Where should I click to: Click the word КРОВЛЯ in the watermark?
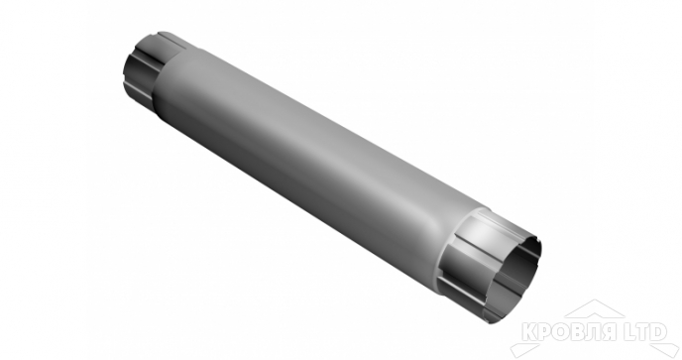pos(569,331)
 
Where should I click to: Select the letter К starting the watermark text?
pos(529,331)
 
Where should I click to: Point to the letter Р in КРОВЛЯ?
pos(546,331)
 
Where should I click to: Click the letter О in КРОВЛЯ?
pos(561,331)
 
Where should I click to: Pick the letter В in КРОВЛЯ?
pos(578,331)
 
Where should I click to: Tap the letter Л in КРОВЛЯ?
pos(593,331)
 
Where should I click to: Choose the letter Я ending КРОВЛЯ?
pos(609,331)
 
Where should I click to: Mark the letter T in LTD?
pos(643,331)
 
